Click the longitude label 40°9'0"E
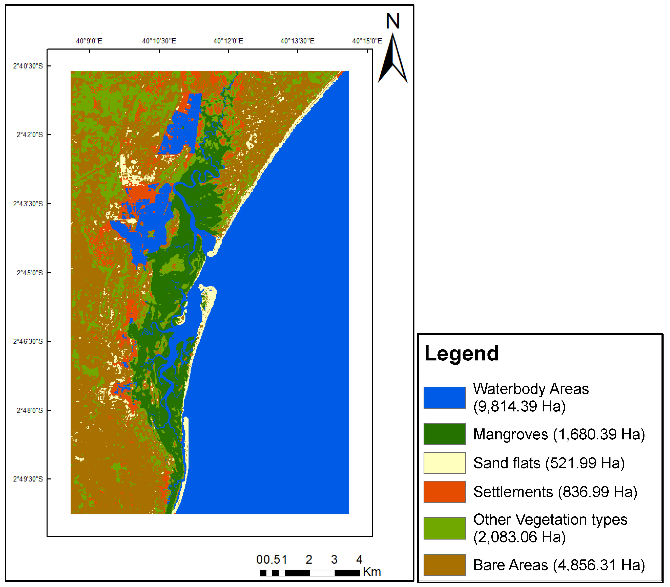(x=89, y=41)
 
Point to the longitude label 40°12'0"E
(x=228, y=41)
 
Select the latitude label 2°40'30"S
(x=28, y=66)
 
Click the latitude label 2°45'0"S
(x=29, y=273)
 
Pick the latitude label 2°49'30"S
(x=28, y=479)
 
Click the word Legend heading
(x=462, y=354)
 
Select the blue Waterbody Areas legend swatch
(x=445, y=398)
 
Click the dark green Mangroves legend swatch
(x=445, y=434)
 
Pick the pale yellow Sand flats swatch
(x=445, y=463)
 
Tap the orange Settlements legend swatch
(x=445, y=492)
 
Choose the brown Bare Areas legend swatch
(x=445, y=565)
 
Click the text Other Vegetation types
(x=550, y=520)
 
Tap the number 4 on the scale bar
(x=359, y=559)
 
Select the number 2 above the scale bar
(x=309, y=559)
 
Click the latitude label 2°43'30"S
(x=28, y=204)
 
